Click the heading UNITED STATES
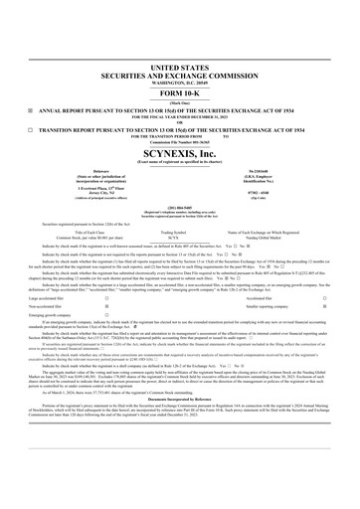click(x=180, y=34)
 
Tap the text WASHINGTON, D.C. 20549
click(x=180, y=51)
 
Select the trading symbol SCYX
click(x=179, y=209)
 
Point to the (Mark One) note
click(x=180, y=74)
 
